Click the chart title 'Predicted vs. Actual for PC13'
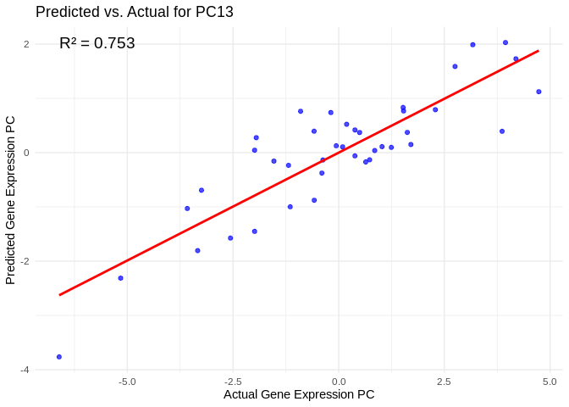135,12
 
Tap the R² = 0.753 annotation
97,43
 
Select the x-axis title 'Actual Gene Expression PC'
299,394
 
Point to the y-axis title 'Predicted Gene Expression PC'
11,200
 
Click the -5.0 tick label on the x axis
127,382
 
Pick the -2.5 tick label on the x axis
233,382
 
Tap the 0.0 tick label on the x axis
339,382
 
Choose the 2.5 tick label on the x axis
444,382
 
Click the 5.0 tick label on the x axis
550,382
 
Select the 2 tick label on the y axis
26,44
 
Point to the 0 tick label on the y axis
26,153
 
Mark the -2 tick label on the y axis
25,261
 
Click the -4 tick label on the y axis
25,370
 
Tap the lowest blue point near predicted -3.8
59,357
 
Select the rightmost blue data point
539,92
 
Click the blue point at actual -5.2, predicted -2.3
120,278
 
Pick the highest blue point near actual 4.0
505,42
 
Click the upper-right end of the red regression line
539,51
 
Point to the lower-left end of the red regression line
59,295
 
